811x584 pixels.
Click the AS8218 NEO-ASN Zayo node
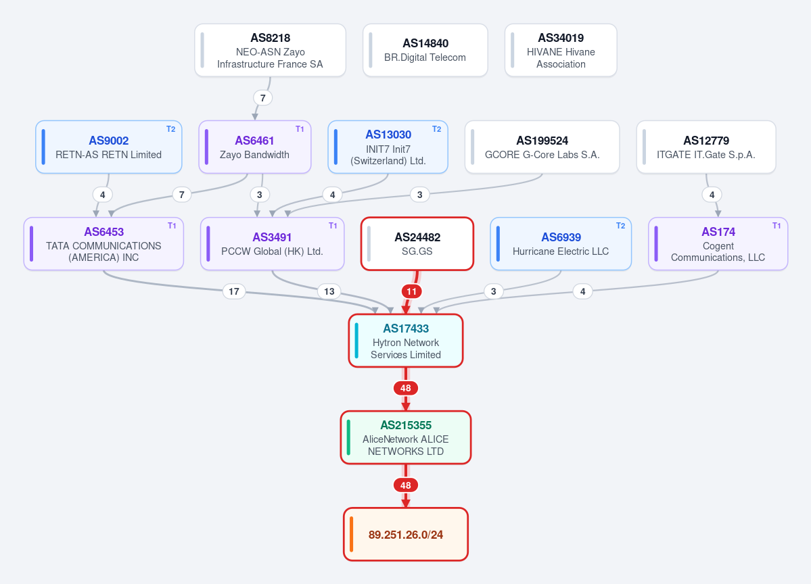[270, 50]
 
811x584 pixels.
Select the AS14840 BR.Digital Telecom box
[425, 50]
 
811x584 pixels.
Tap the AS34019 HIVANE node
[561, 50]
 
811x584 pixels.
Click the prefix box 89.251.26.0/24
[406, 535]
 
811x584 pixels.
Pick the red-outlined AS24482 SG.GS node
[417, 244]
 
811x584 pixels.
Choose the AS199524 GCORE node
[542, 147]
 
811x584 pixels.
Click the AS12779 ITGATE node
[706, 147]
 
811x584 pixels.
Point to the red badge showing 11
[412, 291]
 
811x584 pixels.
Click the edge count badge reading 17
[234, 291]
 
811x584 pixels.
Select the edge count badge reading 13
[329, 291]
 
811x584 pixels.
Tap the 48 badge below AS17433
[406, 388]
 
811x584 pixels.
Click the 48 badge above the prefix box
[406, 485]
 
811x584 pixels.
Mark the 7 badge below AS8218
[262, 98]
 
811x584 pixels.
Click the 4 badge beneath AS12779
[712, 195]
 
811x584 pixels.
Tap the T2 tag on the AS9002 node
[170, 129]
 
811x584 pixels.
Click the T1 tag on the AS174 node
[777, 226]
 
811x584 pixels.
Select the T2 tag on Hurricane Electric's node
[621, 226]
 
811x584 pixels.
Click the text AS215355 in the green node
[406, 425]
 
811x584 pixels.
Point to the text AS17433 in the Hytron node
[406, 328]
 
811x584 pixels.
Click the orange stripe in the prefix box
[352, 535]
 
